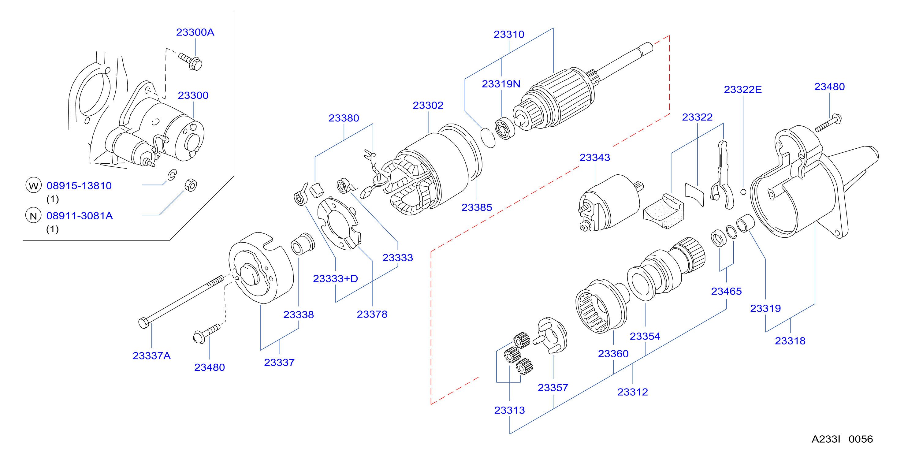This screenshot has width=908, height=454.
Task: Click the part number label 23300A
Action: [x=195, y=32]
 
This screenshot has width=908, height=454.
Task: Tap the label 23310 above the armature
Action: [x=509, y=34]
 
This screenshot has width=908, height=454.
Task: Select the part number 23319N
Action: [x=501, y=84]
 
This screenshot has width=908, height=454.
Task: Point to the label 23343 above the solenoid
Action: [x=595, y=157]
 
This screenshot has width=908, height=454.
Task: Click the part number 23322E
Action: [x=743, y=90]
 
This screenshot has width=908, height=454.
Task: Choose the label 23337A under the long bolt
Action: [x=151, y=356]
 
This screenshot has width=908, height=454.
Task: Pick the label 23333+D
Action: [x=335, y=278]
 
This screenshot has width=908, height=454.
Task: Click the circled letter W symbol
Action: [x=33, y=185]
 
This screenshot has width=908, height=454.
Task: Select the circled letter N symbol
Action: [x=33, y=215]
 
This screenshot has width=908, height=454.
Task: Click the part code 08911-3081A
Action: [x=80, y=216]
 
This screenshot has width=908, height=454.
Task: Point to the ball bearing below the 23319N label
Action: [x=504, y=128]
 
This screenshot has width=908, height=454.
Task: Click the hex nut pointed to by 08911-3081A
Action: [x=191, y=185]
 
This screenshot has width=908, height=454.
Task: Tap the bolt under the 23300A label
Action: [x=191, y=62]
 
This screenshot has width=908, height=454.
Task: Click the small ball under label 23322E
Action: [x=743, y=192]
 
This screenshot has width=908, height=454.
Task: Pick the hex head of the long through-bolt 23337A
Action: [x=143, y=323]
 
